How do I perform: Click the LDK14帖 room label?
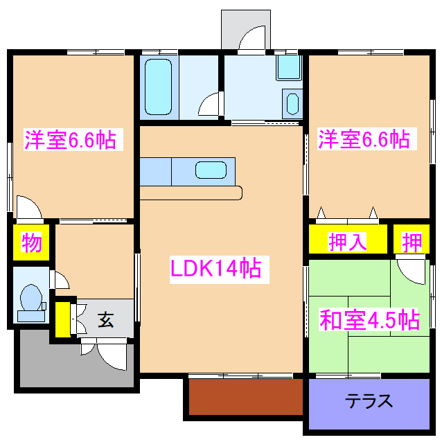[215, 268]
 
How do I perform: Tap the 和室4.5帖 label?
[369, 320]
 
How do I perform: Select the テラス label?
[369, 401]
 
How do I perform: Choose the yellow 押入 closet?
[348, 242]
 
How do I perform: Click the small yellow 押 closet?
[412, 242]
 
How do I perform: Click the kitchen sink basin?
[210, 170]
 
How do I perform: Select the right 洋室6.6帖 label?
[363, 140]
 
